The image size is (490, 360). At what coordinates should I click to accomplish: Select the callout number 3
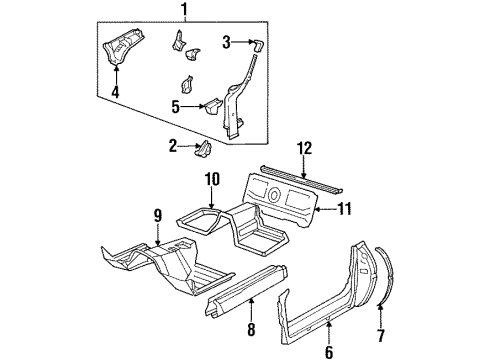tap(226, 42)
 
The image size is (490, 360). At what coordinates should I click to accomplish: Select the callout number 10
tap(210, 179)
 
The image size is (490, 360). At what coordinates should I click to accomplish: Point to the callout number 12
tap(304, 149)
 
